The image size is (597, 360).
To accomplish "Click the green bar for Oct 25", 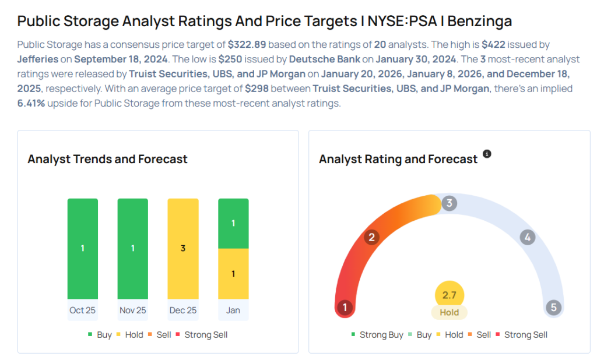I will click(x=82, y=249).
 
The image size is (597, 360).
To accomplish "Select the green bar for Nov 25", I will click(x=132, y=249).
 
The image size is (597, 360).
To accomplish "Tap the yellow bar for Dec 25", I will click(x=182, y=249).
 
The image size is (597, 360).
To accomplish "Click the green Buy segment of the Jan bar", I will click(x=233, y=223).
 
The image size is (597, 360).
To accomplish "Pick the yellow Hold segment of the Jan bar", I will click(x=233, y=274).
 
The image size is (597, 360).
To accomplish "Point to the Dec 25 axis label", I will click(x=182, y=310).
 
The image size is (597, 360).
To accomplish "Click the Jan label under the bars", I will click(x=233, y=310).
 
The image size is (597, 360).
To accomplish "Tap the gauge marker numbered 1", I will click(x=345, y=308).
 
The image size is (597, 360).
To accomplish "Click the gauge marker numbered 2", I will click(x=371, y=237).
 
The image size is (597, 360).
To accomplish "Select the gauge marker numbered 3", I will click(x=448, y=203).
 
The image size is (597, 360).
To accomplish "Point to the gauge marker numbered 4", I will click(x=527, y=237).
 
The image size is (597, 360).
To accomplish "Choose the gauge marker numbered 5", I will click(x=553, y=308).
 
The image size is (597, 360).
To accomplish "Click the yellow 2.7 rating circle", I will click(x=449, y=295).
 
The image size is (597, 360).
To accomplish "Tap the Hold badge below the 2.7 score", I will click(x=449, y=312).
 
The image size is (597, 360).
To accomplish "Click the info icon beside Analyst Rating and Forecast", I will click(x=487, y=154).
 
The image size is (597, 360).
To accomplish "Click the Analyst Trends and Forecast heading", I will click(x=107, y=159).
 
